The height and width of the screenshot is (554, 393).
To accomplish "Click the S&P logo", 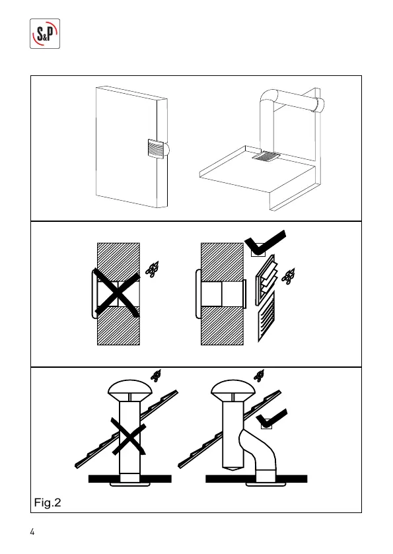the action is click(45, 34).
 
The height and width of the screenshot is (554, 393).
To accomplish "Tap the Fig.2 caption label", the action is click(48, 502).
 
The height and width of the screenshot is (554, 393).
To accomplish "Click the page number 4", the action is click(32, 532).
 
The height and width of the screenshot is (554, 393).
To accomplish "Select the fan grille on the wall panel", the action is click(155, 149).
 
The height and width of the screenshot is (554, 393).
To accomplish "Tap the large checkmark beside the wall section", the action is click(265, 244).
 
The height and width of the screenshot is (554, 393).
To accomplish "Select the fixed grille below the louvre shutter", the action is click(266, 316).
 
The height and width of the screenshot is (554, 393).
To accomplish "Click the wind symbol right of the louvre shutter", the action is click(289, 276).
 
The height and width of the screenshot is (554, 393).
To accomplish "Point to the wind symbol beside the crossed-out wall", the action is click(153, 269).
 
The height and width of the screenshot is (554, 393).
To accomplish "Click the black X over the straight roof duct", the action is click(129, 436).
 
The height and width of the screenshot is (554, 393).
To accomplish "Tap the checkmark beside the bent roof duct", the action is click(271, 419).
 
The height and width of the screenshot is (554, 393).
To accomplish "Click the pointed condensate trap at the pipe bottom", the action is click(232, 468).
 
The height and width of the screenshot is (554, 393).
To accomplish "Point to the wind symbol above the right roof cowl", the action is click(259, 376).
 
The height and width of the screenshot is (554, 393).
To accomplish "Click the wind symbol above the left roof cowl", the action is click(156, 376).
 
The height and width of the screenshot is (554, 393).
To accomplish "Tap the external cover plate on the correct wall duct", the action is click(244, 294).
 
